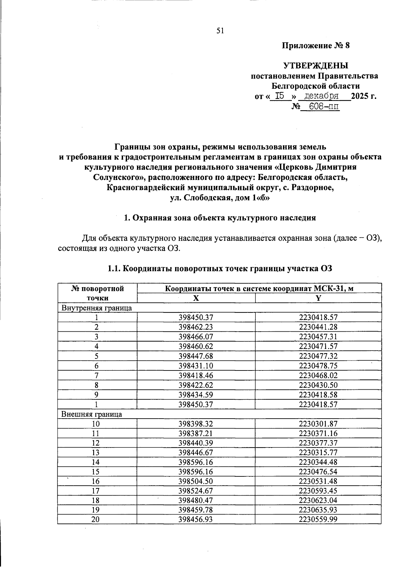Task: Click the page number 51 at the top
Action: [x=220, y=31]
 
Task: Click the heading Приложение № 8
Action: [x=316, y=45]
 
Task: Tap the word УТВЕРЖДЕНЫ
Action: [x=315, y=65]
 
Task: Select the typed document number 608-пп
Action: [x=320, y=107]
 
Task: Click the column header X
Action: [x=196, y=298]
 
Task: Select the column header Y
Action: [x=318, y=298]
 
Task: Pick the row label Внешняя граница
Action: [x=92, y=414]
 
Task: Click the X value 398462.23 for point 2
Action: [x=196, y=327]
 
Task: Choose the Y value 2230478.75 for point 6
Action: [x=318, y=366]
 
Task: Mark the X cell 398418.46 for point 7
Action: [x=196, y=375]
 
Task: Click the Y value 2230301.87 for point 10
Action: [x=318, y=424]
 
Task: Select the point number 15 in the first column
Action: [x=96, y=472]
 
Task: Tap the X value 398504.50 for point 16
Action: [x=196, y=481]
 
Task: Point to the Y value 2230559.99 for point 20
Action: [x=318, y=520]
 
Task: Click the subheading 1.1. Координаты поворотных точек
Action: [x=220, y=269]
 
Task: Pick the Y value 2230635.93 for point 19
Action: [x=318, y=510]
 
